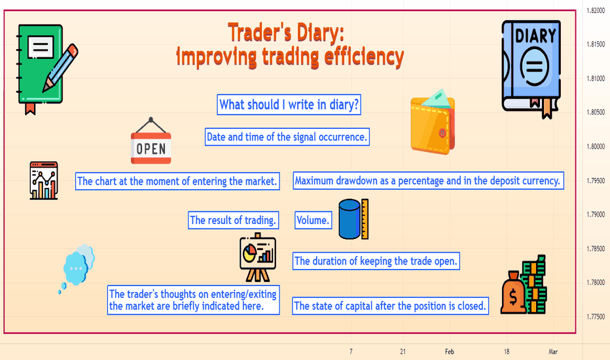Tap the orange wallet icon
tap(433, 122)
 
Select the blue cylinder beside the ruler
tap(350, 219)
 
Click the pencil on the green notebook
tap(60, 67)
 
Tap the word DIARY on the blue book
tap(535, 36)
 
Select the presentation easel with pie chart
tap(257, 257)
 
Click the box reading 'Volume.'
tap(313, 221)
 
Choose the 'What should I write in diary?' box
tap(289, 105)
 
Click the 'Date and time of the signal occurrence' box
tap(287, 137)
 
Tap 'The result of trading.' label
tap(234, 221)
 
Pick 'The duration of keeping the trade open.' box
tap(376, 261)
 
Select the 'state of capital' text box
tap(390, 306)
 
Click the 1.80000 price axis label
tap(596, 147)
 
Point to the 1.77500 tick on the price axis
tap(596, 317)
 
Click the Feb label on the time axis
tap(450, 351)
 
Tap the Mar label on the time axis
tap(553, 351)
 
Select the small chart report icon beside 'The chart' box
tap(44, 181)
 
